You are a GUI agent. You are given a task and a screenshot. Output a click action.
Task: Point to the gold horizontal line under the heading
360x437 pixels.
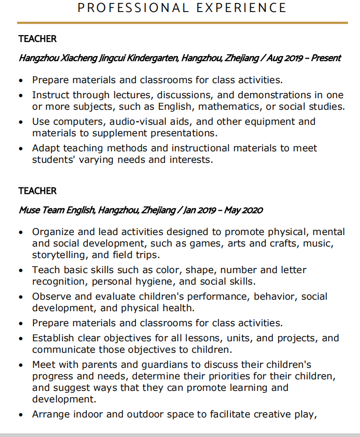(183, 23)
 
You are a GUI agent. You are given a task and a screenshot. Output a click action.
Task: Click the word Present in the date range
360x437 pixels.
(326, 58)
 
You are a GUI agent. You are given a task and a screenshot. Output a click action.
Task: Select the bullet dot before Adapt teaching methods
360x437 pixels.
(21, 149)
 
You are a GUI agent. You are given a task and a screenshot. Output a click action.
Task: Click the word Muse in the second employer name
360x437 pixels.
(29, 210)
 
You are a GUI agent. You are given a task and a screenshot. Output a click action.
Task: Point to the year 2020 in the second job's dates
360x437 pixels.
(252, 210)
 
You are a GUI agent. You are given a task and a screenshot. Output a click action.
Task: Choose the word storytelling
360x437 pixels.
(59, 255)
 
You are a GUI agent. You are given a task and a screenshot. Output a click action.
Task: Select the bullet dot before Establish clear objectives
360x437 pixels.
(21, 339)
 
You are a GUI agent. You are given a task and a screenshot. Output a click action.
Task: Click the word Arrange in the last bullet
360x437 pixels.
(51, 414)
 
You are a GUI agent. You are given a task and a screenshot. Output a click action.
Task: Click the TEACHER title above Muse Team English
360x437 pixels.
(38, 191)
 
